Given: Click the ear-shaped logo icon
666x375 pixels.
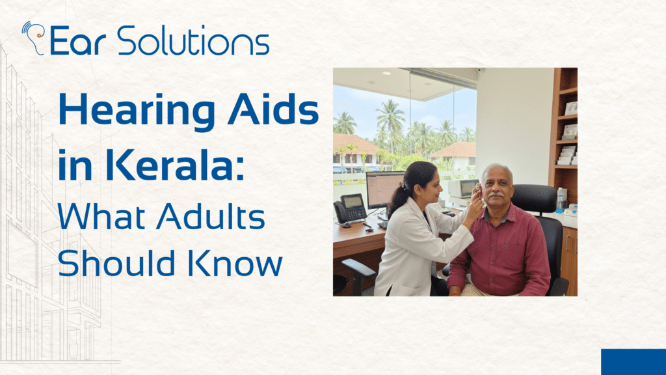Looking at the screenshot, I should [33, 37].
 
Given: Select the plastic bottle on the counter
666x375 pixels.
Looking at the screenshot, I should [559, 200].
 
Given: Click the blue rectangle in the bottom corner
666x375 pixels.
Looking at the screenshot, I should [633, 361].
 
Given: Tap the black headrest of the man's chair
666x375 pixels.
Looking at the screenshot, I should [534, 199].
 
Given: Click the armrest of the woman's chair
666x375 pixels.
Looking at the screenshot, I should [357, 268].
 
